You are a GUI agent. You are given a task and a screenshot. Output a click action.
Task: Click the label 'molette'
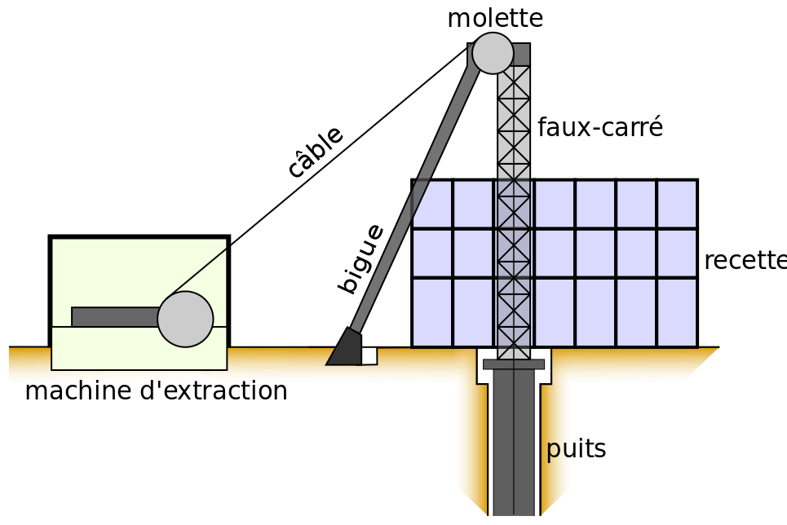[495, 19]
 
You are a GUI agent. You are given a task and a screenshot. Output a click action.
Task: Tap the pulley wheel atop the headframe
[493, 53]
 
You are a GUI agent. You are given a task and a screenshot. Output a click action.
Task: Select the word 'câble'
[316, 152]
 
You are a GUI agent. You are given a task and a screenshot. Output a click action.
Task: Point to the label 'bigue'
[360, 258]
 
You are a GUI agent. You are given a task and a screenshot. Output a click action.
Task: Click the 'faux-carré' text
[600, 127]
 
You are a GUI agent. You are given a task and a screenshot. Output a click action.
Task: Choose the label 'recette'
[745, 261]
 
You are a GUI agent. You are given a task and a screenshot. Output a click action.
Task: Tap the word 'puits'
[577, 449]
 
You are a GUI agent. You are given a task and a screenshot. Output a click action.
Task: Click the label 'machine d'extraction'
[156, 390]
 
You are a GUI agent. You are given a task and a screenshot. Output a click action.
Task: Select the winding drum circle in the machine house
[185, 320]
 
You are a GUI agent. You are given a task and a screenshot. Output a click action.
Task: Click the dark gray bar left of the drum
[115, 316]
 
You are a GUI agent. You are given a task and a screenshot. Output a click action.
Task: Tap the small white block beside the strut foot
[369, 356]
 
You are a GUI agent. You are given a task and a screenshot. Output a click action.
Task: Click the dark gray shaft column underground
[514, 443]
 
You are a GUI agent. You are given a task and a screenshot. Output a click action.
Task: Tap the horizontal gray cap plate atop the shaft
[514, 364]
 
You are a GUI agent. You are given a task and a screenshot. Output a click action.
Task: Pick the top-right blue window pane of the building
[677, 205]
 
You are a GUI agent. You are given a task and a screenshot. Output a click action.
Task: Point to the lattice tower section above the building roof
[514, 122]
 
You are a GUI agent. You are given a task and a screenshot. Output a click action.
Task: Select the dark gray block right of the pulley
[522, 54]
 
